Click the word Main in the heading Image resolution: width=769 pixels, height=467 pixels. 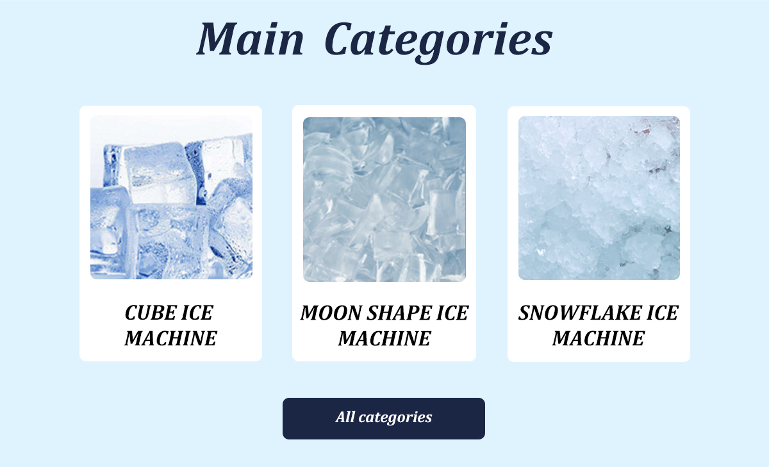coord(251,38)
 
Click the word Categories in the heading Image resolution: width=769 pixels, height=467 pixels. coord(438,42)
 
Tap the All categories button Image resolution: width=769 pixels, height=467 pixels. coord(384,418)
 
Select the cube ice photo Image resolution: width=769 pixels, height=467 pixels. coord(171,197)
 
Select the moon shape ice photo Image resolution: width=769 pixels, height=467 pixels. coord(384,199)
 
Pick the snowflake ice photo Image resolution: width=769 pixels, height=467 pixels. coord(599,198)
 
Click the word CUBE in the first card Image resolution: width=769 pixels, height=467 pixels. coord(151,313)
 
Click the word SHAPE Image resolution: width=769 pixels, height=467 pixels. coord(399,313)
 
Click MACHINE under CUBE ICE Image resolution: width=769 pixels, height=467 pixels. coord(170,338)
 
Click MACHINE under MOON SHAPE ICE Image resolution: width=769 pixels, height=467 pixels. coord(384,339)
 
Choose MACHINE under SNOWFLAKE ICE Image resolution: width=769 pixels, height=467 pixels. coord(599,338)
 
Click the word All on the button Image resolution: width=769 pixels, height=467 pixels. coord(345,417)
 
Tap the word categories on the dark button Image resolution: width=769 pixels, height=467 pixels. coord(395,418)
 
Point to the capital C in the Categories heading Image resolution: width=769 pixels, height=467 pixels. coord(339,38)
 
